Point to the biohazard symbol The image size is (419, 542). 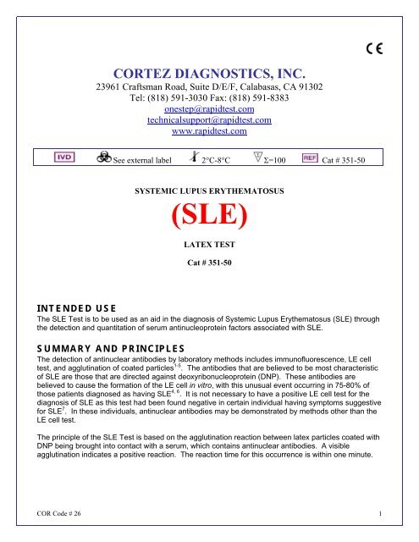coord(103,158)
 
